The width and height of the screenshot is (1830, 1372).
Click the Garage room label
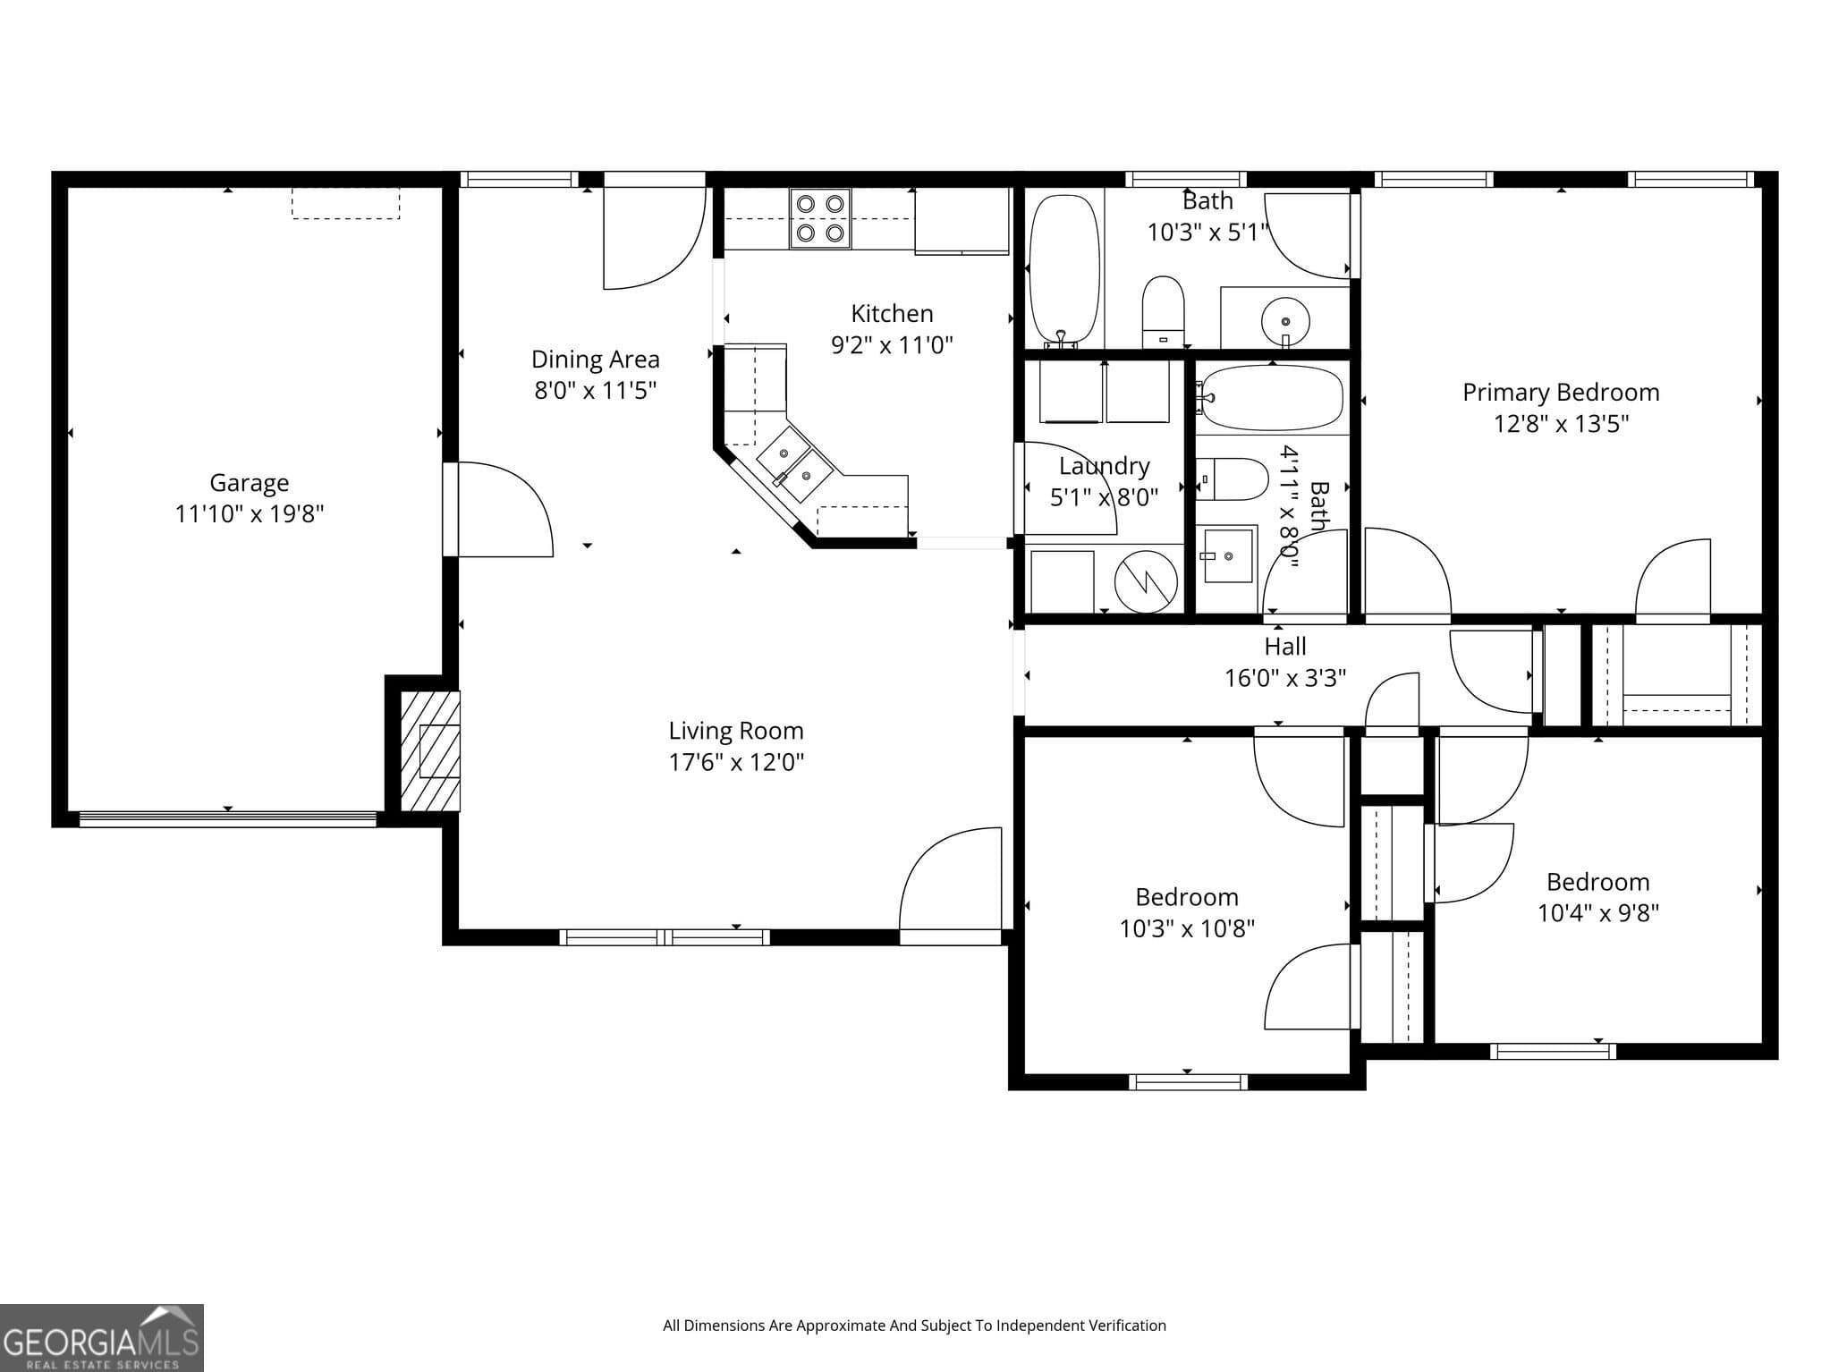point(249,483)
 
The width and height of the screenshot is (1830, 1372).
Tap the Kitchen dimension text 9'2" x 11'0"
point(892,345)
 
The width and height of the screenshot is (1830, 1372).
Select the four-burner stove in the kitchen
point(820,218)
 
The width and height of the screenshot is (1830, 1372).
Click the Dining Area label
point(595,360)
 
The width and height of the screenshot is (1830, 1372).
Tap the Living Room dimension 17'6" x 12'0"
point(736,762)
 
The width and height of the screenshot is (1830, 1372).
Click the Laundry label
point(1104,466)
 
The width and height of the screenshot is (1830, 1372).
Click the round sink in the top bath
point(1285,320)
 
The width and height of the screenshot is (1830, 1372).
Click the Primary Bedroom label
point(1560,393)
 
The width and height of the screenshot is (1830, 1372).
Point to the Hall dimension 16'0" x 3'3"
point(1284,678)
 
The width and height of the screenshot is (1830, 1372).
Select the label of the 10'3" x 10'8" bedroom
point(1186,897)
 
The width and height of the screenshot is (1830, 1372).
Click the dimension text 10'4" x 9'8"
point(1597,913)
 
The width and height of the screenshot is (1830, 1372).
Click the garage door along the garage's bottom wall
point(227,818)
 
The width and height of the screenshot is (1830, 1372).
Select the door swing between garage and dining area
point(501,510)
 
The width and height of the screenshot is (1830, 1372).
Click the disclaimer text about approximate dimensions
point(914,1325)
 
